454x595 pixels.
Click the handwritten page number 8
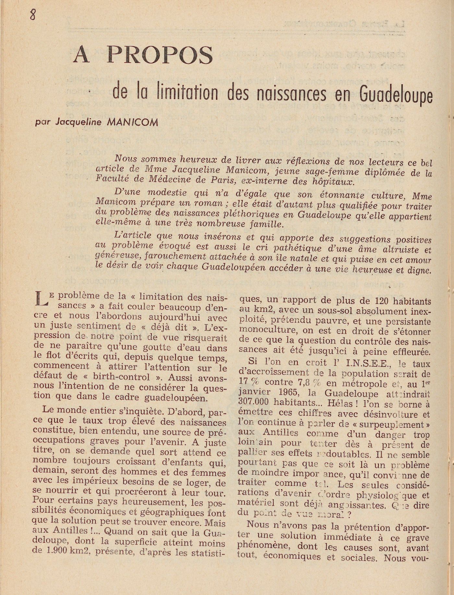(32, 14)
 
